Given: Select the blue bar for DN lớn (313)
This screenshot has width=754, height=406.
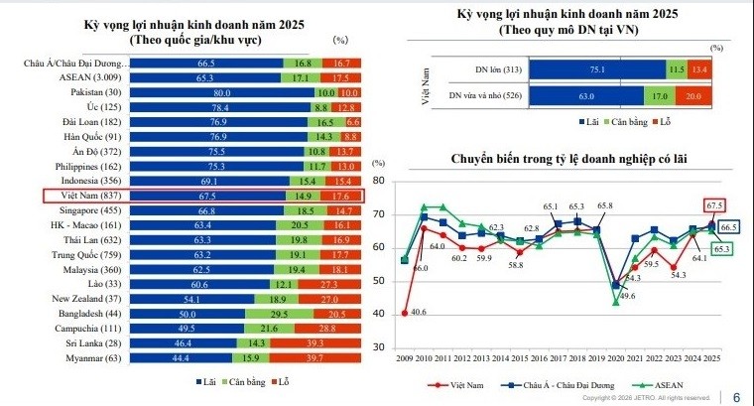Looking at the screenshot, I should (x=619, y=69).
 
